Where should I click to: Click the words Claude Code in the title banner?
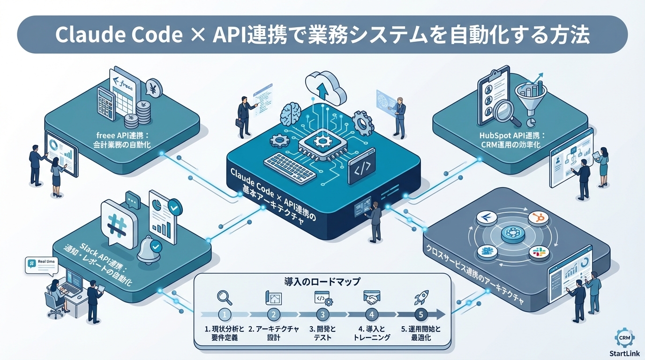click(118, 35)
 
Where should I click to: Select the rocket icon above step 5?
click(420, 298)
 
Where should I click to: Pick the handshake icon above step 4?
click(372, 297)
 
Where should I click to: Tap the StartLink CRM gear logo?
click(623, 337)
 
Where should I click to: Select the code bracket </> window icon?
click(362, 166)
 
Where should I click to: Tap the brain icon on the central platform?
click(292, 114)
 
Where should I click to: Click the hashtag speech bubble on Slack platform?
click(118, 223)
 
